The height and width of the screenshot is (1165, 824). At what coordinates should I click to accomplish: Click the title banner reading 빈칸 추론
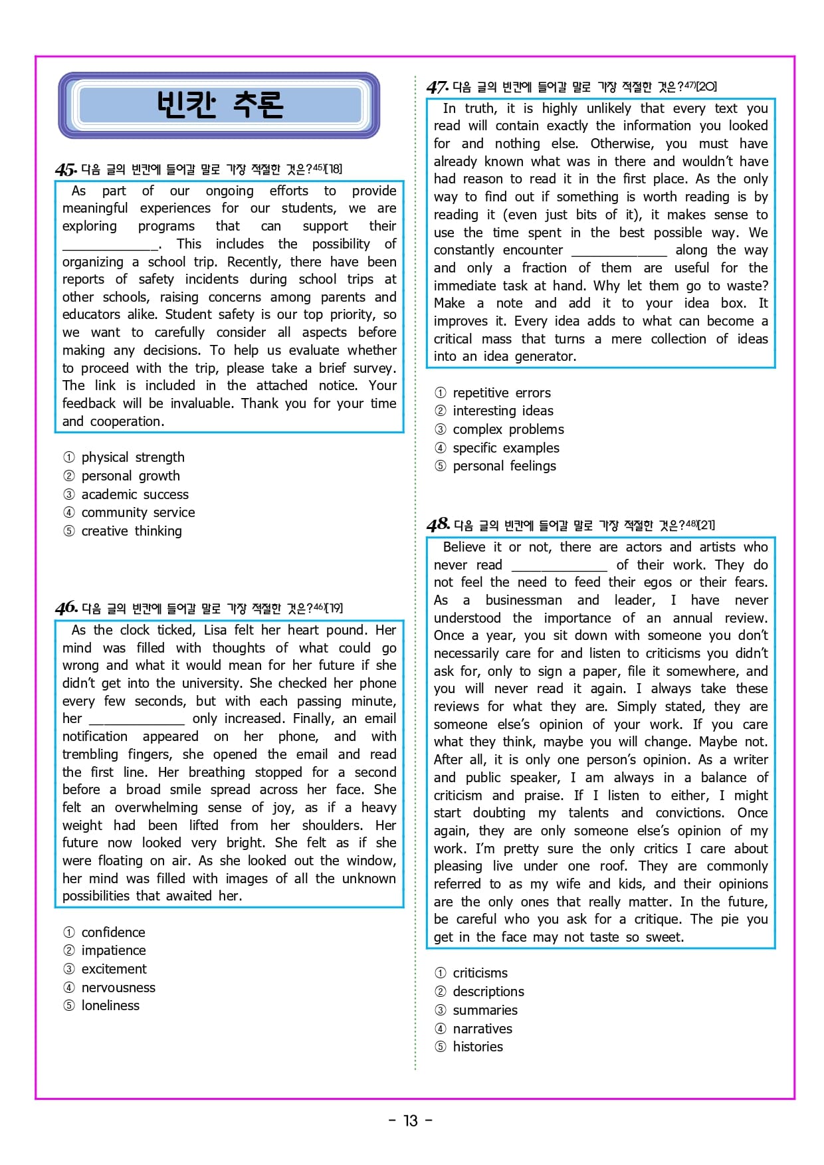pos(219,105)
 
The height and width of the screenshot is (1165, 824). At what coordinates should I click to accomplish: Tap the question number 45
pos(66,169)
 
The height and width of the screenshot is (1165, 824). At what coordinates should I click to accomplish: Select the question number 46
pos(66,608)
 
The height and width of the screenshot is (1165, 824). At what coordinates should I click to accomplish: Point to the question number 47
pos(437,87)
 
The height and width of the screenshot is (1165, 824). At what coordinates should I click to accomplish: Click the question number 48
pos(438,525)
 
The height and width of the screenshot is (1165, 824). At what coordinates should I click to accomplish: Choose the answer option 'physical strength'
pos(132,457)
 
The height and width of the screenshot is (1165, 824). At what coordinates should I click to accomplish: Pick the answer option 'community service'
pos(138,512)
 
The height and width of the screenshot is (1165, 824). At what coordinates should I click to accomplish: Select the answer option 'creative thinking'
pos(131,531)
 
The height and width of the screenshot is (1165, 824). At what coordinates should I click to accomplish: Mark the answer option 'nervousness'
pos(118,988)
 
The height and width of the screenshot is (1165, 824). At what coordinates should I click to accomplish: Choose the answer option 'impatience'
pos(113,950)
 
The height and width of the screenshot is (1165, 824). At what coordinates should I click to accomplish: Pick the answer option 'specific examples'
pos(506,448)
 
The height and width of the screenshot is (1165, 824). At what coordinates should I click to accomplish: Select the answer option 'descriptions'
pos(488,992)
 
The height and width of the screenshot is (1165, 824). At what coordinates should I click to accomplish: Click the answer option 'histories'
pos(477,1047)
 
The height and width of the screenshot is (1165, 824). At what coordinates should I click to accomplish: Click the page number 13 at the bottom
pos(411,1121)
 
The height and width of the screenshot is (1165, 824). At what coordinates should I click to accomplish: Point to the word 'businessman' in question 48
pos(523,600)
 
